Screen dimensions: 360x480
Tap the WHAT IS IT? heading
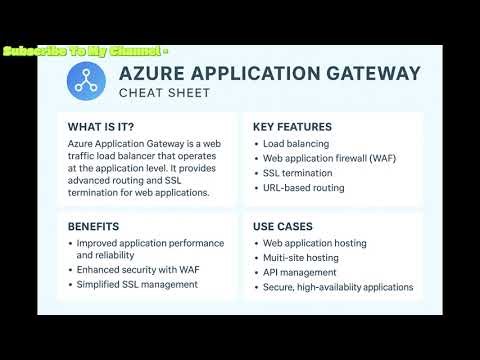pyautogui.click(x=101, y=127)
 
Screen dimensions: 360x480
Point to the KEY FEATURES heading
pyautogui.click(x=292, y=127)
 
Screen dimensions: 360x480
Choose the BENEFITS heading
pyautogui.click(x=93, y=226)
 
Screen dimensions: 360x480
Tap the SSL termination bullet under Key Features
pyautogui.click(x=302, y=173)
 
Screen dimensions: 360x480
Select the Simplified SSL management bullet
pyautogui.click(x=136, y=284)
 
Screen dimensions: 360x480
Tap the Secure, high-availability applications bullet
pyautogui.click(x=337, y=286)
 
